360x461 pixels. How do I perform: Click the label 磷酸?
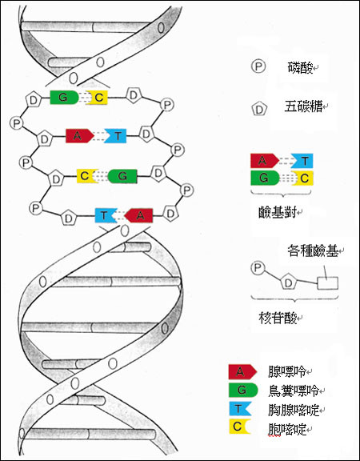tap(300, 68)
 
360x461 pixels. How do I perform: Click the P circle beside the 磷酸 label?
tap(258, 66)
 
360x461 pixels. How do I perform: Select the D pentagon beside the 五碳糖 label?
tap(259, 109)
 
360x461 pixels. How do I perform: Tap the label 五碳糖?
tap(303, 106)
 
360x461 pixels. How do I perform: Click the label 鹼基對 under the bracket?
tap(278, 212)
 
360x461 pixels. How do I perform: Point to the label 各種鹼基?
tap(312, 251)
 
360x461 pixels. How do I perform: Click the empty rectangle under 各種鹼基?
tap(328, 283)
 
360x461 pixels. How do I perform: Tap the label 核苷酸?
tap(278, 318)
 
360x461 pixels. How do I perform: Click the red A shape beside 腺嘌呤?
tap(242, 371)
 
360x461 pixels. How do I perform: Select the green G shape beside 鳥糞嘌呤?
tap(243, 390)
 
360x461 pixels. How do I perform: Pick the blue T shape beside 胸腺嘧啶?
tap(240, 409)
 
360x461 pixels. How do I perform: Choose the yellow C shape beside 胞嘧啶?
tap(239, 427)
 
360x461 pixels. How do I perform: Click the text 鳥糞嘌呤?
tap(294, 391)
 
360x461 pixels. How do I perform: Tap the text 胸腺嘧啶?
tap(294, 410)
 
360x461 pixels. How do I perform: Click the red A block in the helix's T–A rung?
tap(138, 215)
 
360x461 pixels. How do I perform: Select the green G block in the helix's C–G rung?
tap(122, 176)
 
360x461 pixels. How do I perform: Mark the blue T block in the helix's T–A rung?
tap(106, 215)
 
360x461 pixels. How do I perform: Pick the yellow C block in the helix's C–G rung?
tap(87, 176)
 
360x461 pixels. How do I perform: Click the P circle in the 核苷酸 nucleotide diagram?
tap(258, 268)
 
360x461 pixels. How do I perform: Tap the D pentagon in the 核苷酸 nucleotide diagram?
tap(288, 283)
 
